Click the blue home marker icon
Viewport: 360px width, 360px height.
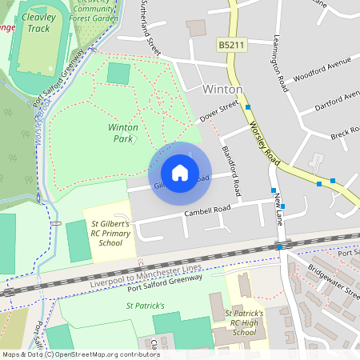tap(180, 173)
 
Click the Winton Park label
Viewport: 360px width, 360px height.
tap(122, 133)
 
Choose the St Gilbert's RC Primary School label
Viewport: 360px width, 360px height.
tap(110, 234)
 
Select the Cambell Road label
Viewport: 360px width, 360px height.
tap(206, 210)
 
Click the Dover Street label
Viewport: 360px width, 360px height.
tap(218, 111)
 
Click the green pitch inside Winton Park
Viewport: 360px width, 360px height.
tap(118, 74)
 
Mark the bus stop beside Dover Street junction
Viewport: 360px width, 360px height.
tap(249, 106)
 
